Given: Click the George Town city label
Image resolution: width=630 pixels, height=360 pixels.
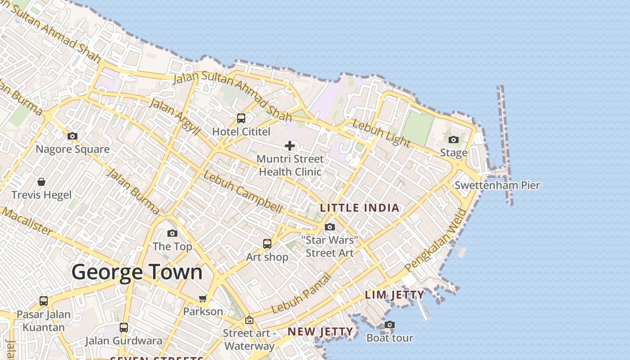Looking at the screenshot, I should click(137, 272).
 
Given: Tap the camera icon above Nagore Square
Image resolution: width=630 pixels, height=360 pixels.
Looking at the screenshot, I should click(72, 136).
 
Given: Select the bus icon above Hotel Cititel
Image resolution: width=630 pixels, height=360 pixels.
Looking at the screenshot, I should click(241, 118).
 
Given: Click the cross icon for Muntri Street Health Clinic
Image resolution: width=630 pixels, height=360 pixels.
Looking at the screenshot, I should click(290, 146).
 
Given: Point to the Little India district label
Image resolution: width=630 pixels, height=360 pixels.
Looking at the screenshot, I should click(360, 208).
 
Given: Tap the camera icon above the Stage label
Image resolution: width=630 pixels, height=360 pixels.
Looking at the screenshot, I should click(454, 140).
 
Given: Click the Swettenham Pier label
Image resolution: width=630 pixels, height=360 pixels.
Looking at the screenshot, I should click(497, 185).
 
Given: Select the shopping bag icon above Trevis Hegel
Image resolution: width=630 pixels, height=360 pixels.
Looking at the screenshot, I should click(41, 182).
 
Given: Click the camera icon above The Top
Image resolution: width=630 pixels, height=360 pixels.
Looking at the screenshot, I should click(172, 233).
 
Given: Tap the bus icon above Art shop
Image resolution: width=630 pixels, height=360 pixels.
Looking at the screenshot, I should click(267, 244).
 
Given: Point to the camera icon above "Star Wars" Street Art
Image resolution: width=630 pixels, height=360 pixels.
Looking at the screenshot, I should click(330, 227).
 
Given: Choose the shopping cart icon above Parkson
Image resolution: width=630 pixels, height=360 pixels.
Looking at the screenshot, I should click(203, 299).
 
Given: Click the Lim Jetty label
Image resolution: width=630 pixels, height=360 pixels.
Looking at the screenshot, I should click(395, 295).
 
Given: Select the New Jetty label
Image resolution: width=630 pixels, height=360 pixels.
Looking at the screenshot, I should click(320, 332).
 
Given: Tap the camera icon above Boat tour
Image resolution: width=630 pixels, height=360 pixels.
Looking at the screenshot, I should click(390, 324).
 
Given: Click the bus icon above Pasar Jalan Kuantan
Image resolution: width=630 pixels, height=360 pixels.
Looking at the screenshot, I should click(44, 301).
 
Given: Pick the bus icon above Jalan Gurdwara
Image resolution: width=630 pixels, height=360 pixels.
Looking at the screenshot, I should click(124, 328).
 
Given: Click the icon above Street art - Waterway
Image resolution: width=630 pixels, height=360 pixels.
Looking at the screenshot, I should click(249, 320).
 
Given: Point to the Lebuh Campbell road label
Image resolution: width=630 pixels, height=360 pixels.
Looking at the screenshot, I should click(243, 193).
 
